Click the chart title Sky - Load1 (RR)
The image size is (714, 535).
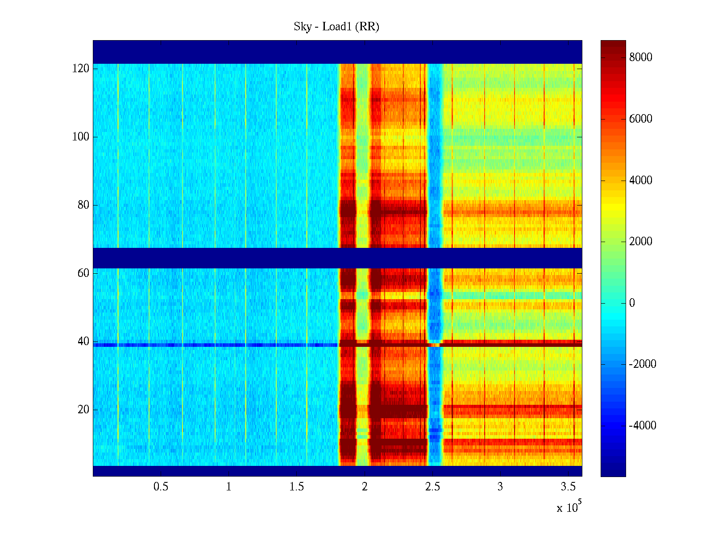tap(336, 27)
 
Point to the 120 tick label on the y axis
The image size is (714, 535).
tap(80, 69)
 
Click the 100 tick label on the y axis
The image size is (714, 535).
tap(80, 137)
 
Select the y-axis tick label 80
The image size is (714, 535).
tap(83, 205)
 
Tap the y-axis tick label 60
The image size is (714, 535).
tap(83, 273)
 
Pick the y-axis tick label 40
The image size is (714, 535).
tap(83, 342)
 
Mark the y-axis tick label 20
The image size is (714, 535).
tap(83, 410)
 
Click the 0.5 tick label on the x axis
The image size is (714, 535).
tap(161, 487)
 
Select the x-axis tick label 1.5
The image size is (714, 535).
tap(297, 487)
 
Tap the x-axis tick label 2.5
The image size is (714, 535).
tap(432, 487)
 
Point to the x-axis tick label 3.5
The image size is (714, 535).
tap(569, 487)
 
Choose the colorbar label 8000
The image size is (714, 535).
tap(640, 58)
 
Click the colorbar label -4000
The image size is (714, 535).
tap(642, 426)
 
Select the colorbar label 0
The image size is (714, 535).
tap(631, 303)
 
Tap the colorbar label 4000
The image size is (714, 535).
tap(640, 181)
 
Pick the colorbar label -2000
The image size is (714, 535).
tap(642, 364)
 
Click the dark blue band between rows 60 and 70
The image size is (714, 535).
tap(337, 258)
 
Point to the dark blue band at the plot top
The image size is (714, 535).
tap(337, 52)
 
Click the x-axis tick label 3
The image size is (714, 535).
tap(500, 487)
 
